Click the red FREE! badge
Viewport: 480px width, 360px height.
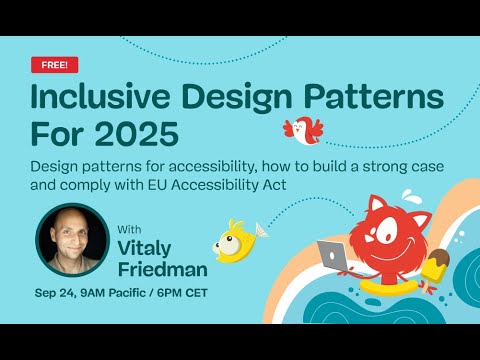click(49, 64)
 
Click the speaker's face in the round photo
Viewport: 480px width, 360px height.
click(73, 240)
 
